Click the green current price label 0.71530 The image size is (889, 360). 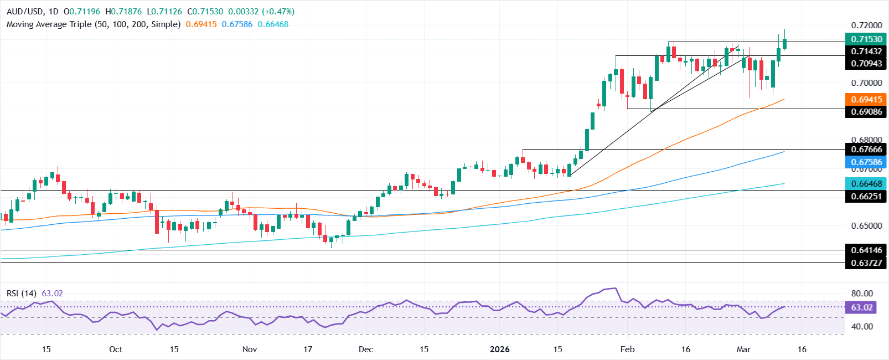[x=866, y=39]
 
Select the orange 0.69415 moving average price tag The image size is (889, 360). [x=866, y=100]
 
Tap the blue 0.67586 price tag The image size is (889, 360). [x=866, y=162]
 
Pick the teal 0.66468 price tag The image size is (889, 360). [x=866, y=183]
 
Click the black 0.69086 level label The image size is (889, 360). [x=866, y=112]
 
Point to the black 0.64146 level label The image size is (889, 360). [x=866, y=250]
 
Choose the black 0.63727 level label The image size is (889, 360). [x=866, y=263]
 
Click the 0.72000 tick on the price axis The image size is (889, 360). [x=866, y=25]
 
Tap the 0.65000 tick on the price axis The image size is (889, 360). [x=866, y=226]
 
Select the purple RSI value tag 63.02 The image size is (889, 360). [x=861, y=307]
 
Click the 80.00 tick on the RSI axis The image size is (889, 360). [x=862, y=294]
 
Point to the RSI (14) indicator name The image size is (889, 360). [x=22, y=293]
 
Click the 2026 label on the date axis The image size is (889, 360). [x=500, y=349]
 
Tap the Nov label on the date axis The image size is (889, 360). [x=250, y=349]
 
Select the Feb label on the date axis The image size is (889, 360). [x=627, y=349]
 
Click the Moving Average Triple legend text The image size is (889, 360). [x=94, y=24]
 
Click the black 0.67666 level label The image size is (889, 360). [x=866, y=150]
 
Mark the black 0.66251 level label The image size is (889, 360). [x=866, y=197]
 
